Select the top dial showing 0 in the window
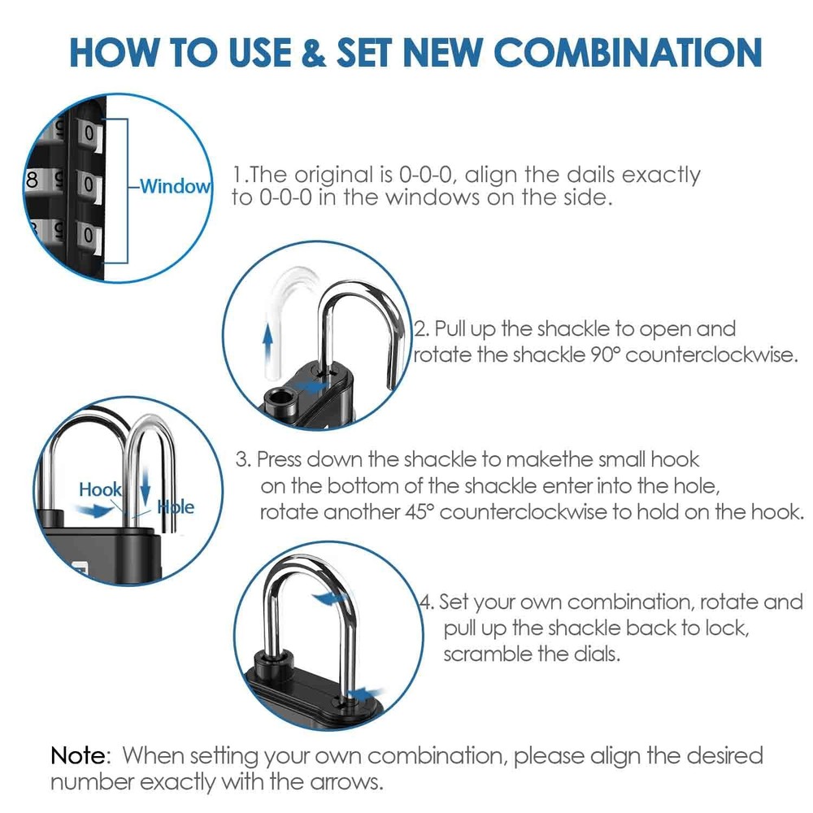tap(88, 131)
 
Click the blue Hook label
tap(100, 489)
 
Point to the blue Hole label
tap(176, 506)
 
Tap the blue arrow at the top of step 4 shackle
tap(327, 599)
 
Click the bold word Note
tap(79, 755)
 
